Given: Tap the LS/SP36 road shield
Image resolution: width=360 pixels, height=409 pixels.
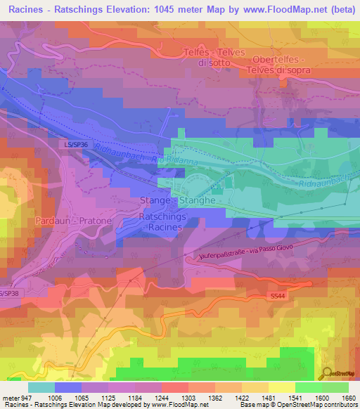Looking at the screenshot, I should click(74, 144).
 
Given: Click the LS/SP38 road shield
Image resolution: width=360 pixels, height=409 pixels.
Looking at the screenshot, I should click(7, 293).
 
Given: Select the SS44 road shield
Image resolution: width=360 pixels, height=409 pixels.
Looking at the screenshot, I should click(276, 297).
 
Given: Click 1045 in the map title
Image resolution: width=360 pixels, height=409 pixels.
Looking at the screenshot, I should click(172, 8).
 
